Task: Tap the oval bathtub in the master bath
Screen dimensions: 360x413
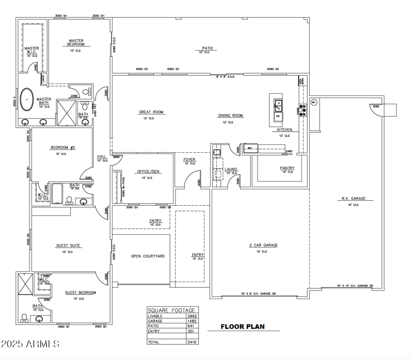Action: [x=27, y=98]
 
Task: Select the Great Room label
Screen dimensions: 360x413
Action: [x=151, y=112]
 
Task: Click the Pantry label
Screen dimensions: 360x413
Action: [x=287, y=168]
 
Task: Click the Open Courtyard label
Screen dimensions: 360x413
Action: [x=148, y=256]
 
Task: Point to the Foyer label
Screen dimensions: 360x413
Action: [x=189, y=160]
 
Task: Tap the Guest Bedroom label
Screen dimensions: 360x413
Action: [x=80, y=292]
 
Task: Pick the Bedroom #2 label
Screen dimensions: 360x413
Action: [x=63, y=148]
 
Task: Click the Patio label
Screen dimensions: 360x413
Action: [x=206, y=48]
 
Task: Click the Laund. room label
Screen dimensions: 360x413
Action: [x=231, y=169]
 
